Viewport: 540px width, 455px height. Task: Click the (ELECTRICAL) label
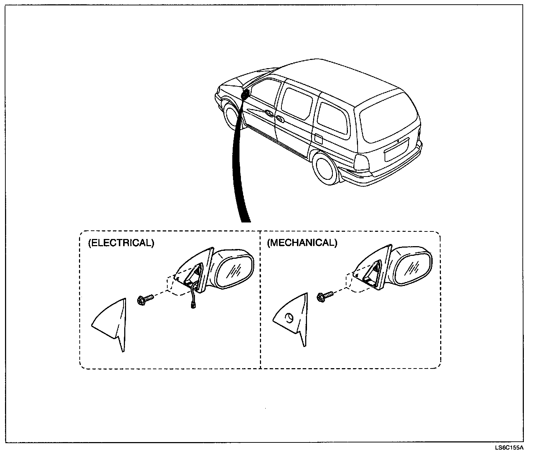click(x=121, y=243)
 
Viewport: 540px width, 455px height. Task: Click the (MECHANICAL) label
click(x=302, y=243)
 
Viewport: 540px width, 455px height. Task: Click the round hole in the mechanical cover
click(x=289, y=317)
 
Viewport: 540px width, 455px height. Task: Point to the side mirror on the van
click(x=246, y=94)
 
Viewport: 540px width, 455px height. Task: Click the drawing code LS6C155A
click(x=509, y=448)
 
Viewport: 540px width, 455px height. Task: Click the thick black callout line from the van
click(x=239, y=161)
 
